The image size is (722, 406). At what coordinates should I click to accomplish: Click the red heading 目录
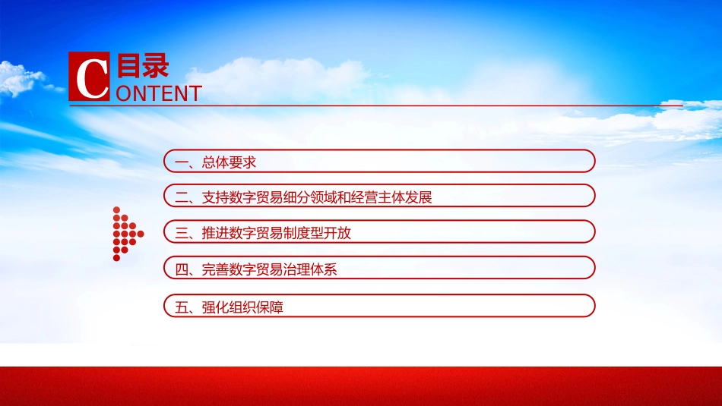pos(143,65)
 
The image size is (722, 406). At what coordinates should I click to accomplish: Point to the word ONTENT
pos(159,93)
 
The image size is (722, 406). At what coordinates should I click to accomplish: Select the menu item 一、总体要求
pos(379,162)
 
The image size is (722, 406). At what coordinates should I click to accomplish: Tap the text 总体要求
pos(229,162)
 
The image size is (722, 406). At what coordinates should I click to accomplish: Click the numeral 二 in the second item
pos(182,198)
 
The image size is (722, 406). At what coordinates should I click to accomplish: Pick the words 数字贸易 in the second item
pos(256,198)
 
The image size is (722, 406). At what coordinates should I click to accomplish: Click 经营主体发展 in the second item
pos(391,198)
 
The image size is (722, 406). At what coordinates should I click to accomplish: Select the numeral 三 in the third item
pos(182,233)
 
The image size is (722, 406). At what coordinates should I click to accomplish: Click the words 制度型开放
pos(317,233)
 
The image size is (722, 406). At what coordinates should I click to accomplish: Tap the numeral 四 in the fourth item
pos(182,269)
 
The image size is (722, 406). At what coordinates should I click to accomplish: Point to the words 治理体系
pos(310,269)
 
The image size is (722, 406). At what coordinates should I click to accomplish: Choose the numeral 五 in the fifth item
pos(182,307)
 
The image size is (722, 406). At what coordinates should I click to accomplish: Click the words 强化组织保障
pos(242,307)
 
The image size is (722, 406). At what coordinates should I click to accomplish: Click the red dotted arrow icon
pos(128,234)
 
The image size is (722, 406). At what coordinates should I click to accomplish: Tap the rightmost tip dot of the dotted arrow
pos(141,234)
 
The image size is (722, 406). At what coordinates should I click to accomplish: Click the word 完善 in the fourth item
pos(216,269)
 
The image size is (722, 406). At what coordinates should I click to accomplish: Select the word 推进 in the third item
pos(216,233)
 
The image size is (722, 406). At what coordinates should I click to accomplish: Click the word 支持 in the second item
pos(216,198)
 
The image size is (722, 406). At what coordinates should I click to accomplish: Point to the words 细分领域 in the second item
pos(310,198)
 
